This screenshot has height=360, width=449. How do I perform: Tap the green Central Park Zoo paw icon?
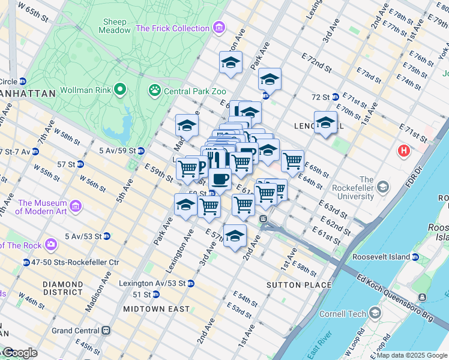[155, 90]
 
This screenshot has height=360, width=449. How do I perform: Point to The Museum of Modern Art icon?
[76, 206]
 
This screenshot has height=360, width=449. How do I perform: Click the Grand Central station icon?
[106, 330]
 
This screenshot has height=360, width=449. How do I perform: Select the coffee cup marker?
[220, 179]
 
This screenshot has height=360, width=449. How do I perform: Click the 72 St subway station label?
[321, 97]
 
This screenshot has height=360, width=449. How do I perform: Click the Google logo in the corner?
[20, 353]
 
